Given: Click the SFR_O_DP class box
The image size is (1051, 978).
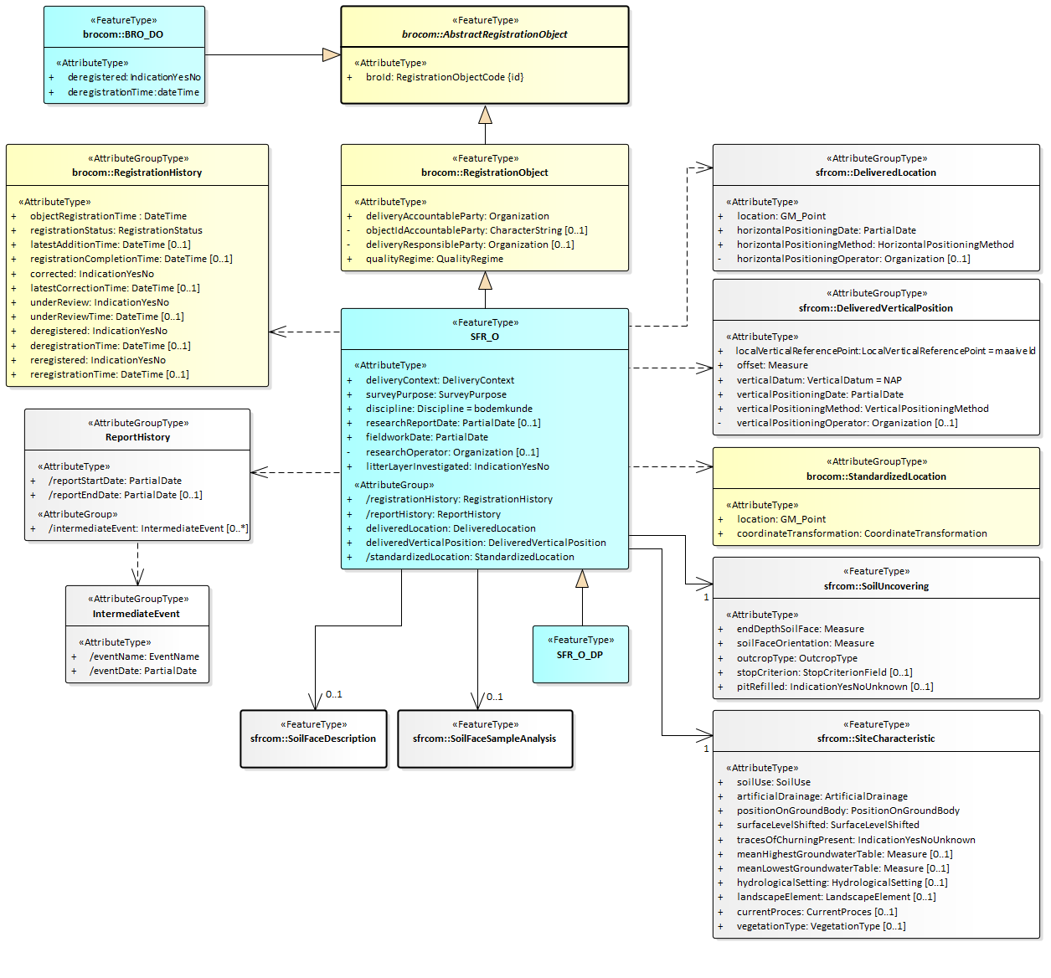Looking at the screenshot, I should tap(580, 654).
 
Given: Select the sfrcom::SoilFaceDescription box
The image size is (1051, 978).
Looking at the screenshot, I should tap(313, 739).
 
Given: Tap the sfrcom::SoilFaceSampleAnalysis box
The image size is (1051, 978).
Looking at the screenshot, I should tap(485, 739).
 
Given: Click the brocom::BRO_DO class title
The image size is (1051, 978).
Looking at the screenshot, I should tap(123, 34).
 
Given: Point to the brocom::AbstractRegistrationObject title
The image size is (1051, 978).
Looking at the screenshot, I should tap(484, 34).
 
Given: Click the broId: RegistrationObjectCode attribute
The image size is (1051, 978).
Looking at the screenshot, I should tap(444, 77).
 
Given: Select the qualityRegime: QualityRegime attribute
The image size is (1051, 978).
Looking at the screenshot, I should tap(434, 259).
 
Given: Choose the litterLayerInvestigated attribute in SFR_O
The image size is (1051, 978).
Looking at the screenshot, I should tap(457, 466).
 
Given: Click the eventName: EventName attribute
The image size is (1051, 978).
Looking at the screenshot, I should tap(144, 656).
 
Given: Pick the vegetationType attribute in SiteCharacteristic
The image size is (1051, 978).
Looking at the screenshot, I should tap(821, 926).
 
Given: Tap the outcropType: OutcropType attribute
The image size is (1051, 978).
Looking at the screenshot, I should tap(796, 658).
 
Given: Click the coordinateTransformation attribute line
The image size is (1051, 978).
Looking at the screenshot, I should tap(862, 533).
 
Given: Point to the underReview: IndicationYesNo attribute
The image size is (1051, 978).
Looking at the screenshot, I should tap(100, 302).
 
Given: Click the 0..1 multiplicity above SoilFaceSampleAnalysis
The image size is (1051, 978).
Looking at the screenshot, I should tap(495, 697).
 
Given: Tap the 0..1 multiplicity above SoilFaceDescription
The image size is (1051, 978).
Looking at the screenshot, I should tap(333, 694).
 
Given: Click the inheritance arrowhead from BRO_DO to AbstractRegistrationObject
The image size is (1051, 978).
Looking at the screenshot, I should tap(332, 55).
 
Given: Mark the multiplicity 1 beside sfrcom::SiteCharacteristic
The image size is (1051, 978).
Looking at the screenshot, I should tap(706, 749).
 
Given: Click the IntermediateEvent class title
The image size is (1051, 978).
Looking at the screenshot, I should tap(137, 614).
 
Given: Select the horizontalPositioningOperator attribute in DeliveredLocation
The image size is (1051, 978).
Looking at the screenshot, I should tap(853, 259).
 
